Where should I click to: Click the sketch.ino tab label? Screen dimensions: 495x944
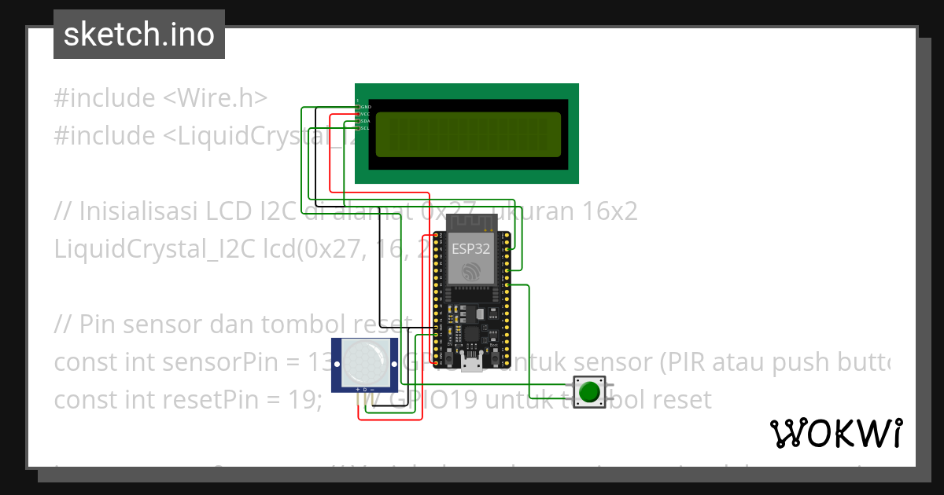138,35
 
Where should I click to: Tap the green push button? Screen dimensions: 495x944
590,390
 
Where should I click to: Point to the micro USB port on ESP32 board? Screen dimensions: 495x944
473,362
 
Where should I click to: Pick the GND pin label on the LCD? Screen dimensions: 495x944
365,106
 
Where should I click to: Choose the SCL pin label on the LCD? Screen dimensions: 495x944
365,128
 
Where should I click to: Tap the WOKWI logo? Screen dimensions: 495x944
835,433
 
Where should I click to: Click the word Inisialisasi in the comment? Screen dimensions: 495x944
138,211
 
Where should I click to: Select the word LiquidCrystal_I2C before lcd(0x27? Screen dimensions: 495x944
151,249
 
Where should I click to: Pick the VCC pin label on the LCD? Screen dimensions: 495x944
365,114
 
